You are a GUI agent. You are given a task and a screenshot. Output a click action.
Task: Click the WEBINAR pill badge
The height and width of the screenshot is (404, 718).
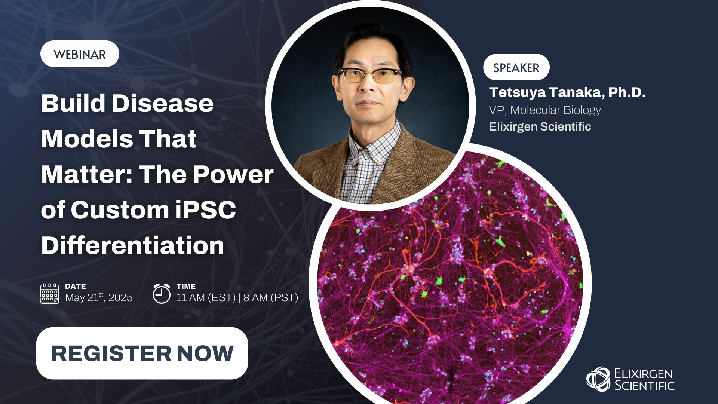[x=80, y=54]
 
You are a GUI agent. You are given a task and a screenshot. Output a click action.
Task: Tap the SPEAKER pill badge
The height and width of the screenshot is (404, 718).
[x=516, y=68]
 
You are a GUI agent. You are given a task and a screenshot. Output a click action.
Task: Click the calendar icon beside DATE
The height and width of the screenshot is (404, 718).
[x=49, y=294]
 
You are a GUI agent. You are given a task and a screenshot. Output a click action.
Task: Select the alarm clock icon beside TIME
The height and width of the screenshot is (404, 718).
[x=162, y=294]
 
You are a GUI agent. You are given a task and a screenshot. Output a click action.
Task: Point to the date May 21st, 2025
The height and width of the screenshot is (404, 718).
[x=99, y=298]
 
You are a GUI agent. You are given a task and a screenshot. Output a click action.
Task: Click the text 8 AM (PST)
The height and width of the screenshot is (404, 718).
[x=271, y=298]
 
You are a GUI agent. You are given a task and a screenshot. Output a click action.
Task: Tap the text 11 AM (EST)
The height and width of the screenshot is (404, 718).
[x=206, y=298]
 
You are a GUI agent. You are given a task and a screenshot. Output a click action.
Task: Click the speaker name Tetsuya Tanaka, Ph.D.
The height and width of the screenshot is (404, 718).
[x=567, y=92]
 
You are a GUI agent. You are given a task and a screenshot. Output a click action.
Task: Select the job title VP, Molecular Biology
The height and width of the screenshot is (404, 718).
[x=544, y=110]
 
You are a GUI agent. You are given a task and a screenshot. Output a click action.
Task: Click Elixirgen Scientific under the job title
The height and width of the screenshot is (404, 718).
[x=540, y=127]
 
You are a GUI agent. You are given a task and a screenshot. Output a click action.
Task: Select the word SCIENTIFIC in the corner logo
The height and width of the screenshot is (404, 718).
[x=644, y=386]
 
